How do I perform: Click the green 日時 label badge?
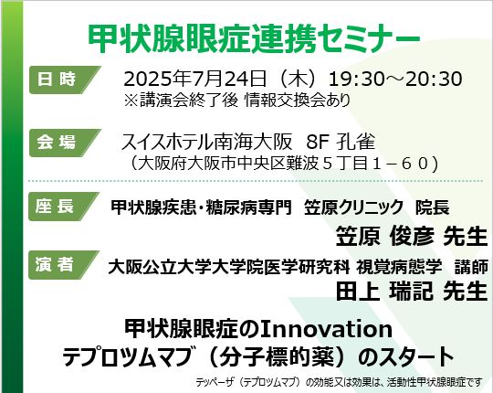[65, 80]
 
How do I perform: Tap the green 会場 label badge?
[65, 143]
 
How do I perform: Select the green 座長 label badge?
[64, 207]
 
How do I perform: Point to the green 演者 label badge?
[64, 265]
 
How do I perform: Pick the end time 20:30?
[434, 79]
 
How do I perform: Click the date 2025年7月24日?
[195, 79]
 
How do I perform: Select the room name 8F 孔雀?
[341, 142]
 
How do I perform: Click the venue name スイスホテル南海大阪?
[206, 142]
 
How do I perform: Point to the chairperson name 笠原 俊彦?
[385, 236]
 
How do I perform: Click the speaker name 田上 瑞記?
[385, 291]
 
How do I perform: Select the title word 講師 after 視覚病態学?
[472, 267]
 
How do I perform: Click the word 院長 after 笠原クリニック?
[433, 207]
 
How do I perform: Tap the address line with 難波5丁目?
[284, 164]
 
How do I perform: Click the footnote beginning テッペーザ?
[339, 382]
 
